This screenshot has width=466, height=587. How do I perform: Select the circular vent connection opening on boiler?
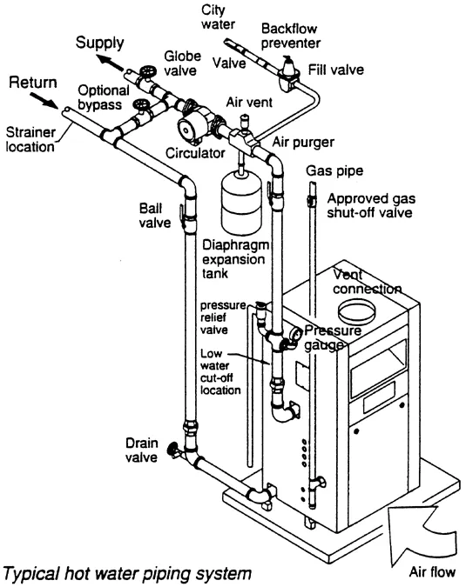tap(356, 310)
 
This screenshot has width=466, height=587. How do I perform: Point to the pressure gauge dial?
tap(295, 334)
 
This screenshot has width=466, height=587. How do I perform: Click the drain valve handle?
tap(172, 448)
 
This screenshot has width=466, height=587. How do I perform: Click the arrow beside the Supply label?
tap(110, 63)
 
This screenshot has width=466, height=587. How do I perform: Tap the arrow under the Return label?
tap(44, 100)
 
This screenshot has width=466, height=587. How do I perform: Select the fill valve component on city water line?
tap(287, 73)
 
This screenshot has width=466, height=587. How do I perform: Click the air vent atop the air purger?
tap(245, 121)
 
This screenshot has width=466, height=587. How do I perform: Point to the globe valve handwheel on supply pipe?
tap(148, 71)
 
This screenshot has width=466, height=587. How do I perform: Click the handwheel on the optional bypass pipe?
tap(141, 105)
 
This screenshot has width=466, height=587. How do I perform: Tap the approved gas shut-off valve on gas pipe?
tap(310, 200)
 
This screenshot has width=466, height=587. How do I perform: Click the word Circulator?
tap(195, 153)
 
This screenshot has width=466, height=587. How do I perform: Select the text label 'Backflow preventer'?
tap(291, 36)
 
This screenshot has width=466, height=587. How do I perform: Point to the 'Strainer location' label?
tap(30, 139)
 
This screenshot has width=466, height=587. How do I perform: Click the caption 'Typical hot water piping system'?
tap(127, 574)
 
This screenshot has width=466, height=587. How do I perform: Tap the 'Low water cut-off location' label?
tap(220, 371)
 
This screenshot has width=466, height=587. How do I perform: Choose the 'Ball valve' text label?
tap(155, 216)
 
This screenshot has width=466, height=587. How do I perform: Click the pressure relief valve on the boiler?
tap(261, 311)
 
